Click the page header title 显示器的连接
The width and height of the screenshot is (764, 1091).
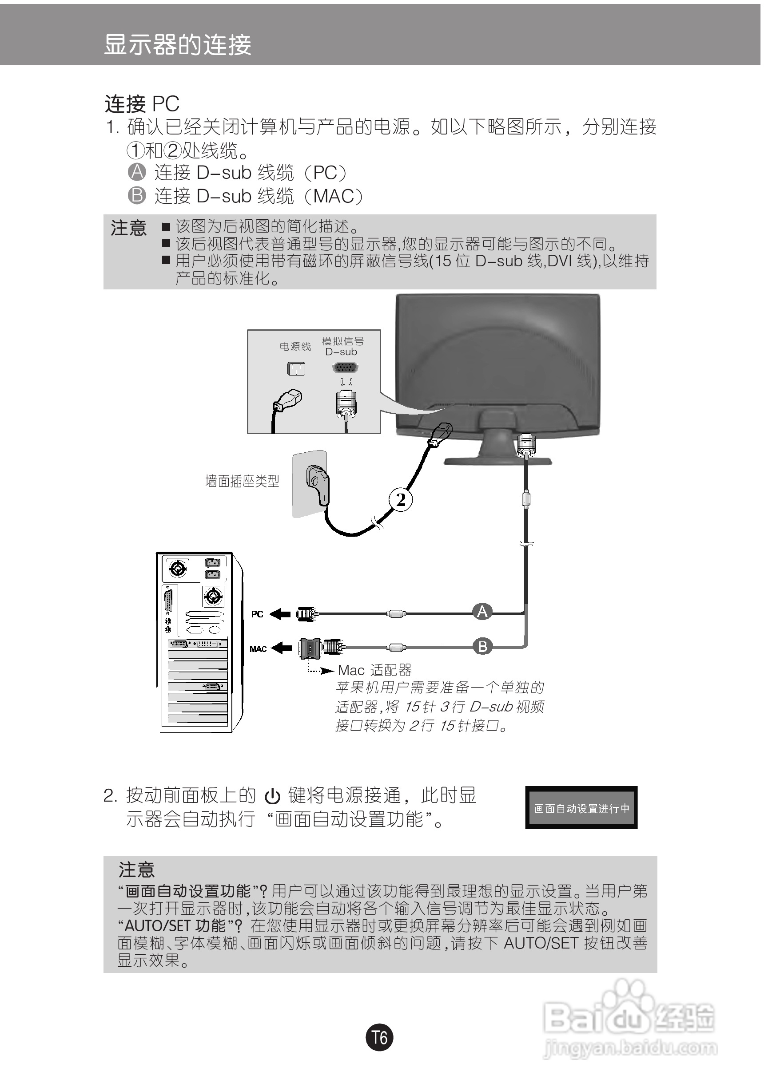point(177,45)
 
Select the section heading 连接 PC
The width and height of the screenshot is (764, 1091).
point(142,103)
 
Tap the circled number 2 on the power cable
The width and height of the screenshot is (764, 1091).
point(400,500)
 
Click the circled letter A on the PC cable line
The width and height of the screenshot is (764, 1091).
point(482,611)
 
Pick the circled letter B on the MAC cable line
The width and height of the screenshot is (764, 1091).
point(482,646)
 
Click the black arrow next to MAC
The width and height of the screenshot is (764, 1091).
point(281,648)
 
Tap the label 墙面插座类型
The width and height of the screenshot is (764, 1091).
point(242,481)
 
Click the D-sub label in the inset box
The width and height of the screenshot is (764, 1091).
point(341,352)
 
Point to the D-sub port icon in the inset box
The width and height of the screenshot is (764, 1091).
point(346,368)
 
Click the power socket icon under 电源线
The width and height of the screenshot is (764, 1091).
point(296,369)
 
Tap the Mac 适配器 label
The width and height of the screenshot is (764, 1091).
point(374,671)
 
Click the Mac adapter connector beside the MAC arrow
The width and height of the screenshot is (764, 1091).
point(310,648)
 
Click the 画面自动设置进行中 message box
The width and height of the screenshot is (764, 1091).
point(581,808)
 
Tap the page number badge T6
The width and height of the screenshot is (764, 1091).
point(379,1038)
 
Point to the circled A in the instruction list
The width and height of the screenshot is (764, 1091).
point(137,172)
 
